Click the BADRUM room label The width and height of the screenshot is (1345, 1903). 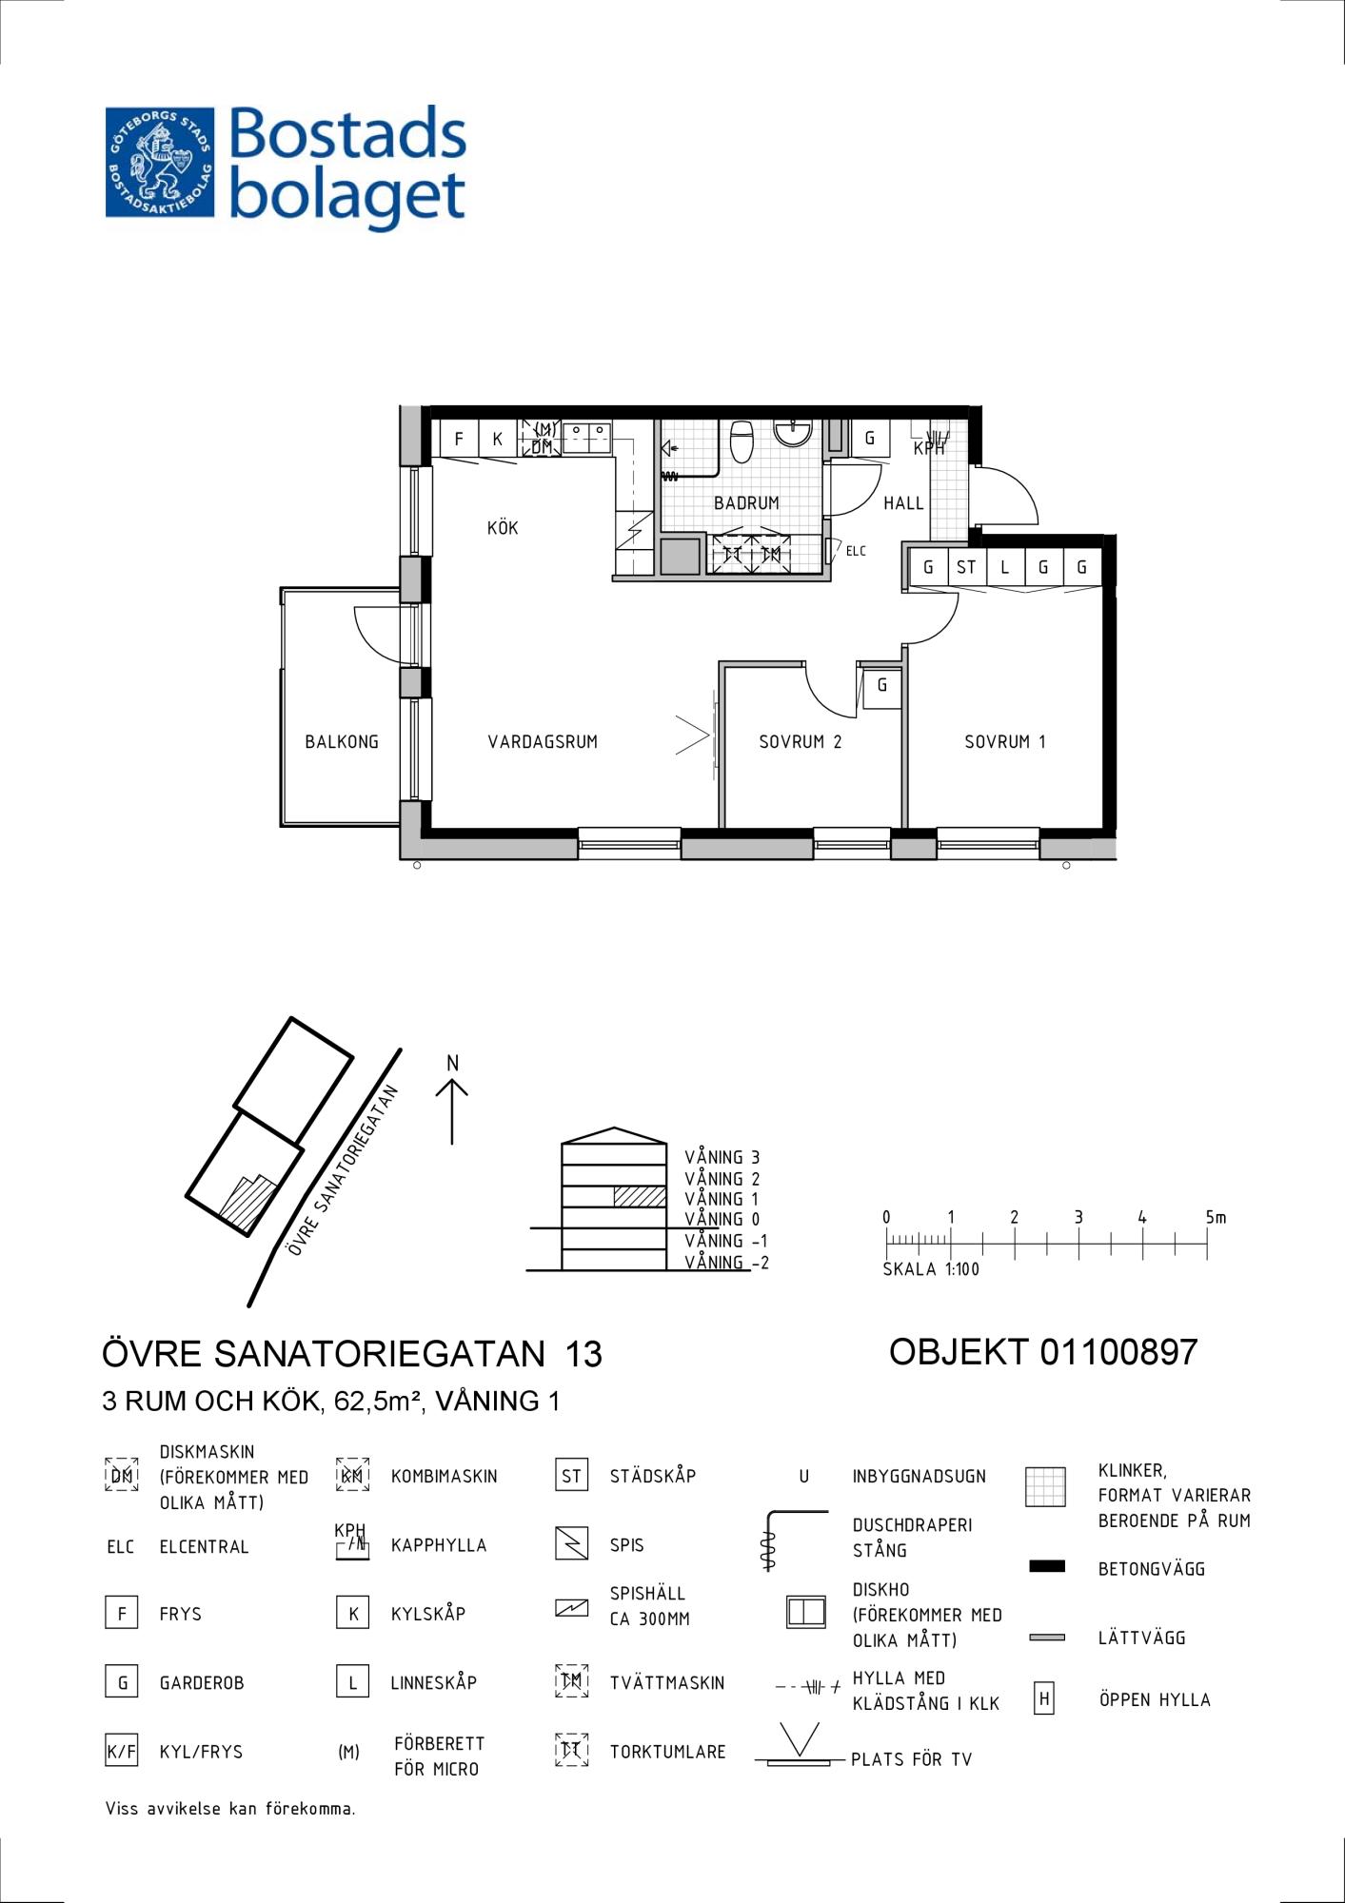click(x=746, y=503)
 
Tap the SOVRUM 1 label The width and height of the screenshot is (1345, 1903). click(x=1005, y=742)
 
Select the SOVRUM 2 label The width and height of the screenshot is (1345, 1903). click(x=801, y=742)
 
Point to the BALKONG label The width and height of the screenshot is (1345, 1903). click(x=342, y=742)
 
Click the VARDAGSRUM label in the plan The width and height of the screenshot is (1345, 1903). click(x=543, y=742)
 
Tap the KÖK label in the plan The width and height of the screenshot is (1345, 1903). click(x=503, y=528)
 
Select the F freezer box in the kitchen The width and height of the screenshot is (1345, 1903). click(x=459, y=439)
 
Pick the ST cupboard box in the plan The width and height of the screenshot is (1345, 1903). click(x=966, y=568)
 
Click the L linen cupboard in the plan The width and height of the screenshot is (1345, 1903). click(x=1004, y=568)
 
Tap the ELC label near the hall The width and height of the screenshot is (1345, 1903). click(x=856, y=551)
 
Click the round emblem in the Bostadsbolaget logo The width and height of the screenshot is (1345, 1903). click(x=160, y=162)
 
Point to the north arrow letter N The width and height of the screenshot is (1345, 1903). click(x=453, y=1063)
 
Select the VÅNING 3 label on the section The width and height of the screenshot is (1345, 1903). click(x=722, y=1158)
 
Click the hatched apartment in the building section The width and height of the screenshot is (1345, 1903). click(x=640, y=1197)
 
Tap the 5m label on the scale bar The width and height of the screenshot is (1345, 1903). click(x=1216, y=1217)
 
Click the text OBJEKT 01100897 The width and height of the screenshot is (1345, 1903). click(x=1043, y=1352)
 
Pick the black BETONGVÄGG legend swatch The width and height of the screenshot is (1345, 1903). click(x=1047, y=1566)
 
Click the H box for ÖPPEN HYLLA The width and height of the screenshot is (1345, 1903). click(x=1044, y=1699)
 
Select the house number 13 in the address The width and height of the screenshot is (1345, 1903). click(x=583, y=1354)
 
